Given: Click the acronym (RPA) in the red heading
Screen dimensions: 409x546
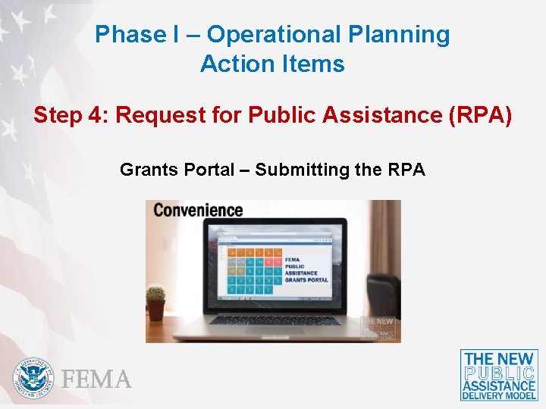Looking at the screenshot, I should (x=481, y=116).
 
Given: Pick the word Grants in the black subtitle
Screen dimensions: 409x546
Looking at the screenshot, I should (x=148, y=170).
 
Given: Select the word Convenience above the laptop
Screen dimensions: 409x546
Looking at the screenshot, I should (x=198, y=210).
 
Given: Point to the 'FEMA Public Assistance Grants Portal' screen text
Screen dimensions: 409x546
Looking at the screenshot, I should (x=306, y=270).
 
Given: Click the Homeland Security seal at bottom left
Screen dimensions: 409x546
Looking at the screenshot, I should (x=34, y=377).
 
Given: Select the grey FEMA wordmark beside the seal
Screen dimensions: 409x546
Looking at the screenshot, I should (x=96, y=379).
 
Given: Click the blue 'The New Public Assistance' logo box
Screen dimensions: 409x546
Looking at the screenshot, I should (x=499, y=375).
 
